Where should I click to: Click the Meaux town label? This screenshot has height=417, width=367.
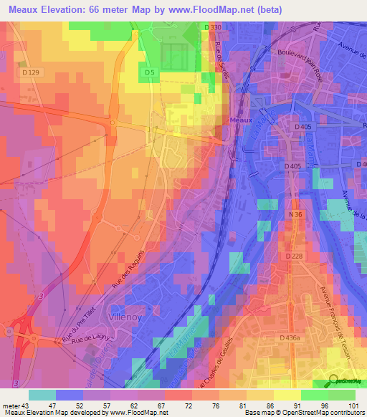pyautogui.click(x=242, y=120)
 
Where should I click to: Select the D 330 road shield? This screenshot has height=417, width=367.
pyautogui.click(x=212, y=27)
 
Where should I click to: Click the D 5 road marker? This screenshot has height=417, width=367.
pyautogui.click(x=149, y=72)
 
